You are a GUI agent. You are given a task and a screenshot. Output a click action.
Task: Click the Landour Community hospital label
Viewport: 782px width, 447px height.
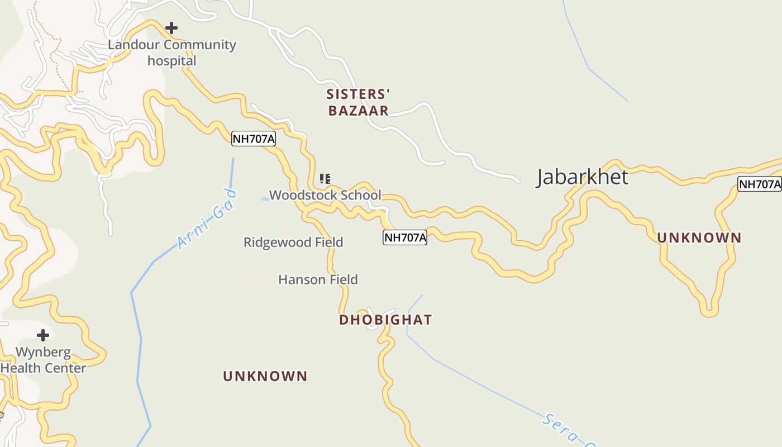172,53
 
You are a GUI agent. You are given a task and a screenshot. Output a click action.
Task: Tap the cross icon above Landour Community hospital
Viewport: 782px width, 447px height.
171,27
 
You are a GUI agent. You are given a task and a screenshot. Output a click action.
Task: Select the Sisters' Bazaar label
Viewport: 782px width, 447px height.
358,102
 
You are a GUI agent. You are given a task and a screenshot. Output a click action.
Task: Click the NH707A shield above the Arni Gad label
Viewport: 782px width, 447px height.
254,139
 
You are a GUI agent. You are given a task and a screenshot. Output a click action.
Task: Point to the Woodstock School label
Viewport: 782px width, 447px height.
325,195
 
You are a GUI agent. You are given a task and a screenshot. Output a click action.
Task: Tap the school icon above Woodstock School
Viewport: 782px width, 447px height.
325,179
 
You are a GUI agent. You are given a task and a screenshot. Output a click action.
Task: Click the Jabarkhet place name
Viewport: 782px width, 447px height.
582,177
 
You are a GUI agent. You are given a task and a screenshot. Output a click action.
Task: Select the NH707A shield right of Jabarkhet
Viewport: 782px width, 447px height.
759,184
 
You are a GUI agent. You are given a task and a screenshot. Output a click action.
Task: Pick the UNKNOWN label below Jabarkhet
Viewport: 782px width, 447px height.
699,238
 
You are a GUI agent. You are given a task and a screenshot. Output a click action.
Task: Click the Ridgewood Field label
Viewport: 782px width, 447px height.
293,242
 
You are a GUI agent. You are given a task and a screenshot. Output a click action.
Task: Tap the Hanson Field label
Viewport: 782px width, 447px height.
318,279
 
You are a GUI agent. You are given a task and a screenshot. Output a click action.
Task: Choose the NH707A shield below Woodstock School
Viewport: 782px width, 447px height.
404,237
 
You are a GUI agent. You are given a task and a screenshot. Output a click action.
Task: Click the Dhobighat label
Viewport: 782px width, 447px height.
385,320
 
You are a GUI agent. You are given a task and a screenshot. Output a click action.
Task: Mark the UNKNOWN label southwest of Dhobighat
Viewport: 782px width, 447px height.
265,377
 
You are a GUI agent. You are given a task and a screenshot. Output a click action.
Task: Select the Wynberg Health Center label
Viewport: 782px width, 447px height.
43,360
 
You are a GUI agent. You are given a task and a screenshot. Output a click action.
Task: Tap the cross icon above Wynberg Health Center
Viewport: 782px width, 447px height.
42,335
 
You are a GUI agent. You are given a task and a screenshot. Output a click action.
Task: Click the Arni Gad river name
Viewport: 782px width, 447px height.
207,220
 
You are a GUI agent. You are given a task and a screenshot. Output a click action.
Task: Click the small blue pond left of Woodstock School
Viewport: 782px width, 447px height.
265,199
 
